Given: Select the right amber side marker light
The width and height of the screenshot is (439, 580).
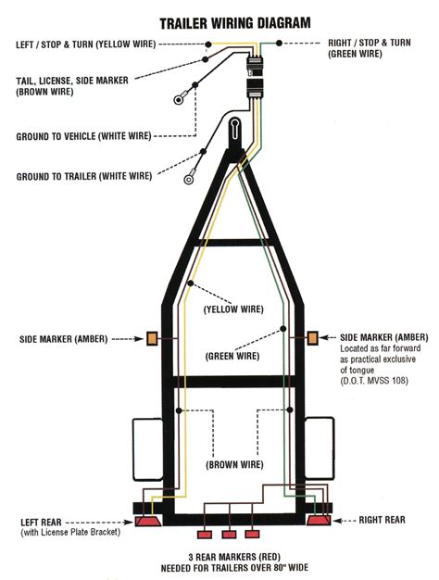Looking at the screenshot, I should tap(312, 338).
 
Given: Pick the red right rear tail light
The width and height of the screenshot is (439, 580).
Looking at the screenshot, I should tap(319, 523).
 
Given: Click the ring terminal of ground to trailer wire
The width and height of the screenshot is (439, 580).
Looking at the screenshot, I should tap(186, 180).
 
